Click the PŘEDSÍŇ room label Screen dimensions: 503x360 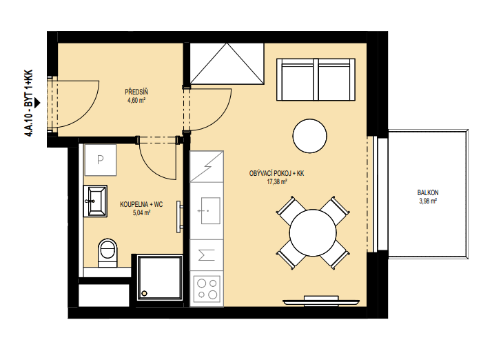[x=136, y=92]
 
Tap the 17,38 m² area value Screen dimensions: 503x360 [x=277, y=182]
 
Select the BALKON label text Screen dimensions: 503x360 [x=428, y=192]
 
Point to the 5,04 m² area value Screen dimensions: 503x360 [x=141, y=212]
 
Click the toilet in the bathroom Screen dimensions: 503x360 [x=107, y=253]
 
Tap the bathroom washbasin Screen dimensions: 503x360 [x=95, y=201]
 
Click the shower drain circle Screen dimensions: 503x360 [x=145, y=293]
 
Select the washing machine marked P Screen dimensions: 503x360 [x=100, y=160]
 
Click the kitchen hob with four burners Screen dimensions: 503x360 [x=207, y=289]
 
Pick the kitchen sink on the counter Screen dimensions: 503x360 [x=210, y=210]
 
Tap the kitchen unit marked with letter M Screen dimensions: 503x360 [x=207, y=255]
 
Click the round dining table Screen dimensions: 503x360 [x=313, y=233]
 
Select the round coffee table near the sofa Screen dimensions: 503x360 [x=309, y=136]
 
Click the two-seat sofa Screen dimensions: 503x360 [x=316, y=79]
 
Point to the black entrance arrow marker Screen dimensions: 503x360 [x=37, y=103]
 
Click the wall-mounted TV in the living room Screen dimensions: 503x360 [x=321, y=301]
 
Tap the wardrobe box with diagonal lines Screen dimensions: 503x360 [x=227, y=63]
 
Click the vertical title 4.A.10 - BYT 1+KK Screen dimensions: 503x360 [x=28, y=103]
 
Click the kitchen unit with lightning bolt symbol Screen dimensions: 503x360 [x=207, y=167]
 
